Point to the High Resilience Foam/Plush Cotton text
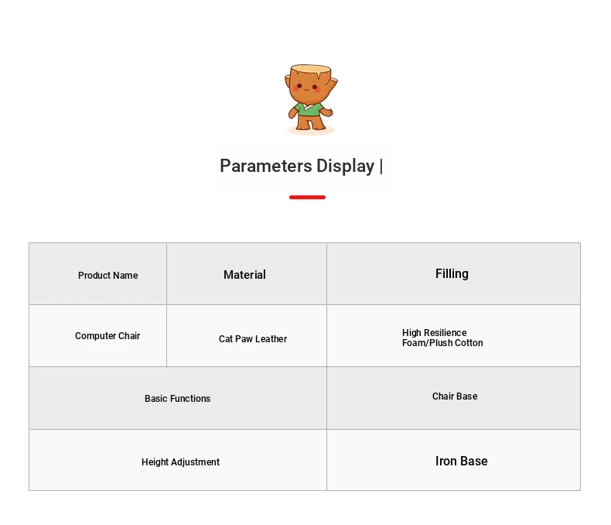click(442, 338)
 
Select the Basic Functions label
click(177, 398)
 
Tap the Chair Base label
click(455, 396)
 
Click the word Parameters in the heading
click(266, 166)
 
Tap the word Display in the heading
click(345, 166)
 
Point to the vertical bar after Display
click(381, 166)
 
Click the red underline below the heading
click(308, 197)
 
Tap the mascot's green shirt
click(309, 110)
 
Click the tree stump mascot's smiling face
click(307, 87)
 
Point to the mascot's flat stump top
click(311, 70)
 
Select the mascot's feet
click(311, 126)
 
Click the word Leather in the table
click(271, 339)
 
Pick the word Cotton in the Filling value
click(469, 343)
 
